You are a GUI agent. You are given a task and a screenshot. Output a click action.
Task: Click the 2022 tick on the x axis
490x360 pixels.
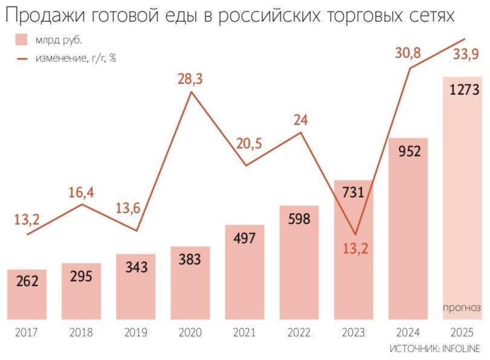pos(299,332)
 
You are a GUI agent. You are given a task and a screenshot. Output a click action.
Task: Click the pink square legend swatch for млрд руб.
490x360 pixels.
pos(21,40)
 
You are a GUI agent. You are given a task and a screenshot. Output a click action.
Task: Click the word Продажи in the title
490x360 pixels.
pos(45,16)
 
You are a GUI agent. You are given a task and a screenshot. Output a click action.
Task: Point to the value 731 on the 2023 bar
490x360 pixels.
pos(353,193)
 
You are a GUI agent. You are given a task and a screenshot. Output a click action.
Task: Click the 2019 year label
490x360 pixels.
pos(136,332)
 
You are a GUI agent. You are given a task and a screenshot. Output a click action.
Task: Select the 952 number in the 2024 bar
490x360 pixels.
pos(409,152)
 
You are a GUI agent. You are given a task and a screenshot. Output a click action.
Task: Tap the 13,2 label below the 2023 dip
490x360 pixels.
pos(355,248)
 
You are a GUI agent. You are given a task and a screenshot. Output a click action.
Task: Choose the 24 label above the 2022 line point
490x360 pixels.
pos(300,119)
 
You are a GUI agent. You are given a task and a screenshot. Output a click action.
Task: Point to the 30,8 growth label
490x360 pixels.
pos(408,53)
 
